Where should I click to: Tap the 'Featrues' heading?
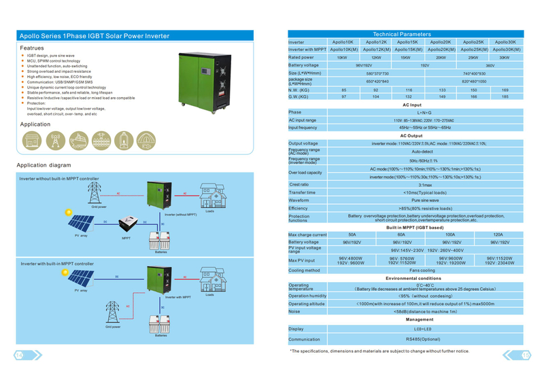32,48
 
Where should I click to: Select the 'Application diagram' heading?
44,165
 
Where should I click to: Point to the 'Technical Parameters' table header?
407,34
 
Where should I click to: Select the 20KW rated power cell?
441,57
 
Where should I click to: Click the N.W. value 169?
505,90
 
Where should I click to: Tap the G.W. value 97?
344,97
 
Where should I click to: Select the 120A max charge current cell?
498,234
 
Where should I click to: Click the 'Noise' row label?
294,312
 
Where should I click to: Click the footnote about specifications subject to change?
379,351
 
